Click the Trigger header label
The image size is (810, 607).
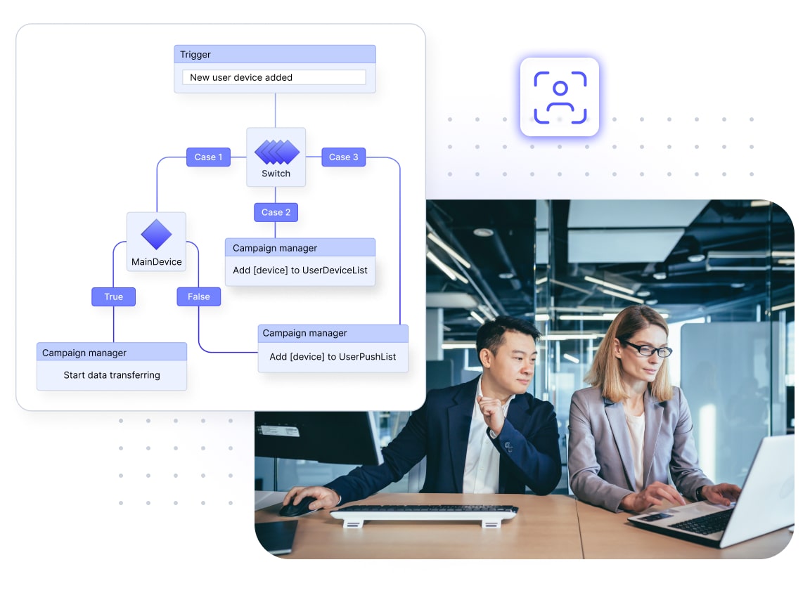195,55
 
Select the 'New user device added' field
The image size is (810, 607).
274,77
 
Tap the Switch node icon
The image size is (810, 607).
276,151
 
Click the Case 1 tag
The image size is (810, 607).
208,157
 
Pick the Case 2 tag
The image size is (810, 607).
276,212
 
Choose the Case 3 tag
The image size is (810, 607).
344,157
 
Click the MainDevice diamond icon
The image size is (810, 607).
156,235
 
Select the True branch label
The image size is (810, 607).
113,296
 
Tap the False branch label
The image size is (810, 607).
198,296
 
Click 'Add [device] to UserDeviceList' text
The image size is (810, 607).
300,270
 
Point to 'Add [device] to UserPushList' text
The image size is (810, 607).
333,357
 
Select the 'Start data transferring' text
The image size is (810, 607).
112,375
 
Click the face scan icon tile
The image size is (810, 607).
560,97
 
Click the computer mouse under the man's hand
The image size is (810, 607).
299,507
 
